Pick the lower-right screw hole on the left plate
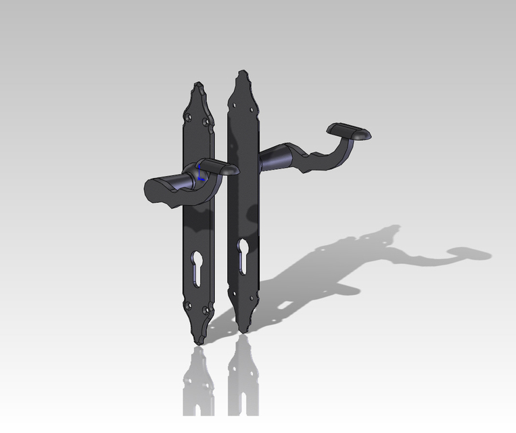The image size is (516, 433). (207, 311)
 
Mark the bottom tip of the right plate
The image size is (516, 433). (241, 332)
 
